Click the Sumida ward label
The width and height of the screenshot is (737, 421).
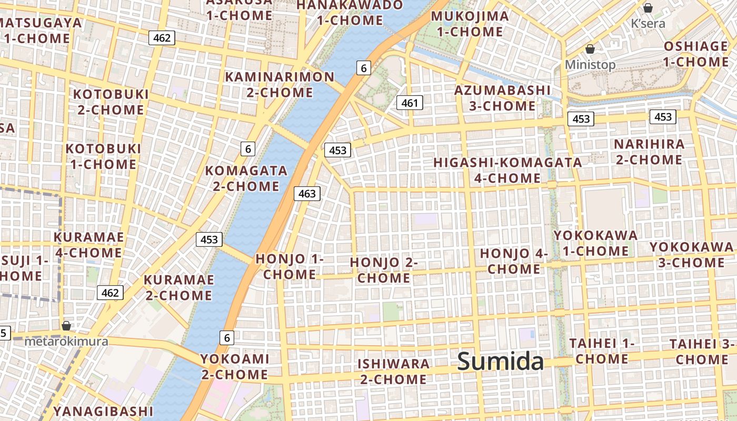click(500, 362)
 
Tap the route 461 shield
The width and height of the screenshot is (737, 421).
click(410, 103)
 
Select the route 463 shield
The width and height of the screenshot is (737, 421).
click(307, 194)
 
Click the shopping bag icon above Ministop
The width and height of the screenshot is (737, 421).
click(590, 49)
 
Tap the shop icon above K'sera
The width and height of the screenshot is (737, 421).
click(648, 8)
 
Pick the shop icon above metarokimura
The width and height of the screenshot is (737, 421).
click(66, 326)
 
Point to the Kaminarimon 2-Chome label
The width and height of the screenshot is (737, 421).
click(280, 85)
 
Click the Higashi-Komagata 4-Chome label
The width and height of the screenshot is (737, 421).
click(507, 170)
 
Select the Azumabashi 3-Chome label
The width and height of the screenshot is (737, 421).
click(502, 98)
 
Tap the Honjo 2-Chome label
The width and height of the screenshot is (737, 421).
click(384, 269)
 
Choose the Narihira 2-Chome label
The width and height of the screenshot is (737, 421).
click(649, 152)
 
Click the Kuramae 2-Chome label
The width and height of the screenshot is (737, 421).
click(179, 287)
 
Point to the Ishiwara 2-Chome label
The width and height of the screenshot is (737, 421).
click(393, 371)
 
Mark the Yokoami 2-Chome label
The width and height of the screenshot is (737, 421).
click(235, 366)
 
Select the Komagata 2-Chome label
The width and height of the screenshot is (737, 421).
click(246, 178)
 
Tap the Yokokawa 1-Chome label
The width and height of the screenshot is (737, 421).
click(595, 243)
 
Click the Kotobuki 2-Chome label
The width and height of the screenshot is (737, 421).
click(111, 102)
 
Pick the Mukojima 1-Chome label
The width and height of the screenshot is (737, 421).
click(470, 24)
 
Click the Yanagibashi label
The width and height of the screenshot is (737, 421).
click(103, 411)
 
